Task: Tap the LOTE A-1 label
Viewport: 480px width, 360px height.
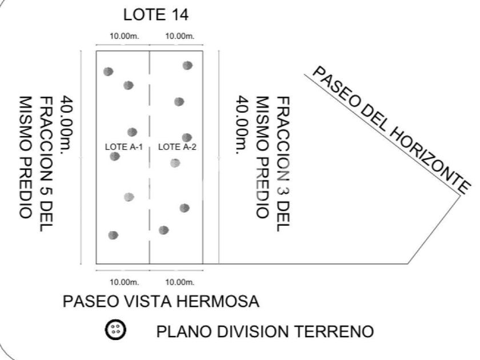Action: [123, 147]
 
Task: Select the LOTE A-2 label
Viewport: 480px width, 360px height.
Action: [177, 147]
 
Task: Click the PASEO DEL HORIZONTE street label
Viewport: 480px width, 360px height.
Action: [391, 130]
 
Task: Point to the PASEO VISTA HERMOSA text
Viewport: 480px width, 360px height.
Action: [162, 301]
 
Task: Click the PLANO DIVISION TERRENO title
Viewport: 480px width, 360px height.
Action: [265, 331]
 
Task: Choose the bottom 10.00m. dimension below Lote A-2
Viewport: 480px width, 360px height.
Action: [180, 282]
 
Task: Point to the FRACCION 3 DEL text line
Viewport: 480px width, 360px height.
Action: [282, 165]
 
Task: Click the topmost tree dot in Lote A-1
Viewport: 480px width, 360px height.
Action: [108, 71]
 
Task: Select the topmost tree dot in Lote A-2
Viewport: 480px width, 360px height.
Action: [187, 66]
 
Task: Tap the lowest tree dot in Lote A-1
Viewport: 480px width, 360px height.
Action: [113, 235]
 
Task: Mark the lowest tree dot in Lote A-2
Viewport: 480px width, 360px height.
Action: [164, 230]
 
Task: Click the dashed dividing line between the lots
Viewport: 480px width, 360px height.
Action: [150, 189]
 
